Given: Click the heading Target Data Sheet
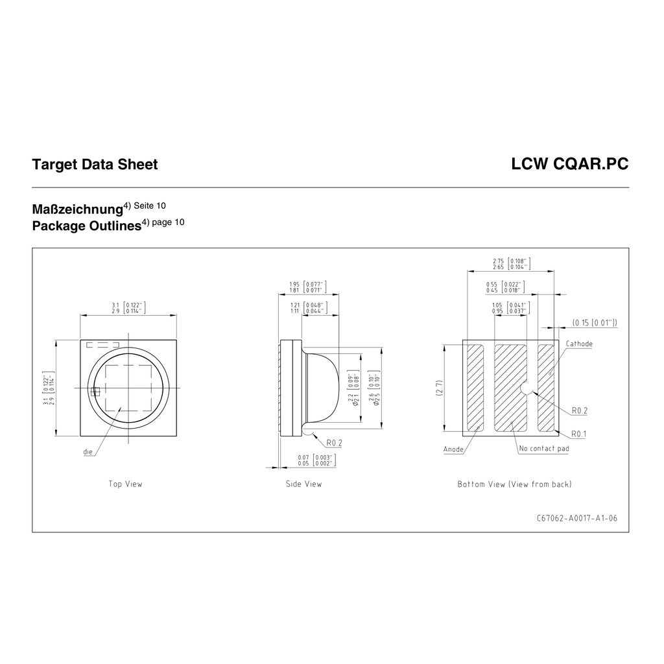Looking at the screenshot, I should click(x=95, y=165).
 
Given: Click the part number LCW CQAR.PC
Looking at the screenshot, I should click(x=569, y=165).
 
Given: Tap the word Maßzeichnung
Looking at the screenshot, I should click(x=77, y=210).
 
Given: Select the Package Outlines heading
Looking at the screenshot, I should click(x=86, y=226).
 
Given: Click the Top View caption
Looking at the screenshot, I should click(x=125, y=484).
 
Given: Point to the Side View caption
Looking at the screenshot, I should click(x=303, y=484).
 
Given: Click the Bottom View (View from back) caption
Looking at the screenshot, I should click(x=514, y=484).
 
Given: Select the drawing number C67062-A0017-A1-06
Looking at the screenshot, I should click(x=577, y=518).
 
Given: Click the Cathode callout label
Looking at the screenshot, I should click(x=579, y=344).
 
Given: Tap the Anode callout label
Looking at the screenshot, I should click(x=453, y=449).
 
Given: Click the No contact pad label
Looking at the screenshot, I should click(x=544, y=449).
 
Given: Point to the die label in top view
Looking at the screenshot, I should click(x=88, y=451).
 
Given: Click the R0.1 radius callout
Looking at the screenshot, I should click(x=580, y=434).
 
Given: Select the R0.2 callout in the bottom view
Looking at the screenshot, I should click(x=580, y=410).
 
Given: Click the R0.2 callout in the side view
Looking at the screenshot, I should click(x=334, y=443).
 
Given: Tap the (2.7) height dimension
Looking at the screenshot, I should click(x=439, y=388).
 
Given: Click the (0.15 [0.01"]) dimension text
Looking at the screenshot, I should click(x=594, y=322).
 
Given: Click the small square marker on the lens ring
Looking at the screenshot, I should click(x=95, y=391).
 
